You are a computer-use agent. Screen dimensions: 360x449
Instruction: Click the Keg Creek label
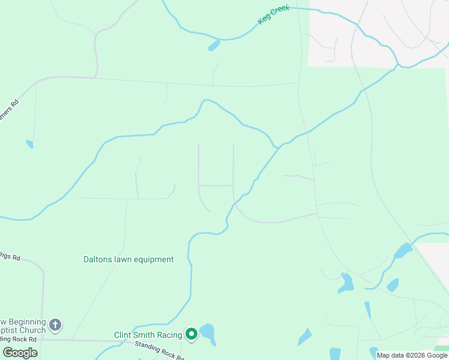[274, 14]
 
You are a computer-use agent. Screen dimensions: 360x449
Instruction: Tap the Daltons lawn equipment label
[128, 260]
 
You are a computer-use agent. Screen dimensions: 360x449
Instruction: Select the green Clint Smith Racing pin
[191, 334]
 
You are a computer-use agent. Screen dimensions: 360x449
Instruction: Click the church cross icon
[55, 326]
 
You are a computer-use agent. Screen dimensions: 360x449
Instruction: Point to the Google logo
[20, 352]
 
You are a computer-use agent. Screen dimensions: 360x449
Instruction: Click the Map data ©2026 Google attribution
[412, 355]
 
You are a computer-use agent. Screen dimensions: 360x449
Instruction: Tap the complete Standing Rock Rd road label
[160, 350]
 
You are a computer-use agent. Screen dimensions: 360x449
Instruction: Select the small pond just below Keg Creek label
[214, 46]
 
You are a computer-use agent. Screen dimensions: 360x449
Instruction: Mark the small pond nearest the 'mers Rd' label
[29, 144]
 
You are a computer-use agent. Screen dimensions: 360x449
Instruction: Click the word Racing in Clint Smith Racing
[169, 335]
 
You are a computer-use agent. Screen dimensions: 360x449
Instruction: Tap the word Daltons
[98, 260]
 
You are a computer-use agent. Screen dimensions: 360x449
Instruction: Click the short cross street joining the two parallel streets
[216, 186]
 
